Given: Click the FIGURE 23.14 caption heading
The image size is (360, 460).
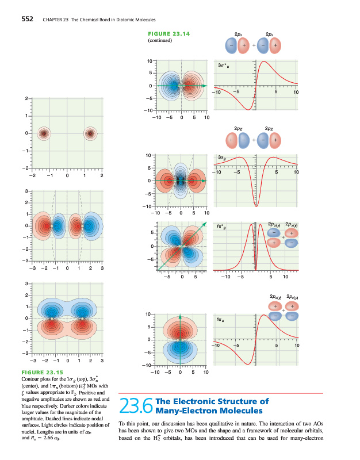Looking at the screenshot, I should tap(169, 34).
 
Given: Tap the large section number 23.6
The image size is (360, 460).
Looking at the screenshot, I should tap(136, 407).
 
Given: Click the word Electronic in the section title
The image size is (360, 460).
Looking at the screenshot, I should tap(198, 401).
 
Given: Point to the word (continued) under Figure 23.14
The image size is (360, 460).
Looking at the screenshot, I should tap(161, 41).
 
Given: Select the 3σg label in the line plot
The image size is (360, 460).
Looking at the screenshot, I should tap(222, 156).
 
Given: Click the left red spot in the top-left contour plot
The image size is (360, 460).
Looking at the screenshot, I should tap(43, 134).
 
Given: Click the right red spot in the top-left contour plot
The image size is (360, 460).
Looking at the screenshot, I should tap(90, 134).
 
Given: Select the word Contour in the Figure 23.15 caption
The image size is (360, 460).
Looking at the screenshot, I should tap(32, 380).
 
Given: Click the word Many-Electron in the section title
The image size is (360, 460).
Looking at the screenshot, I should tap(185, 411).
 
